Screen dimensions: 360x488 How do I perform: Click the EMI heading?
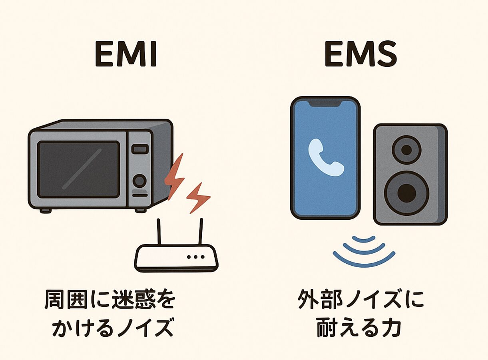pyautogui.click(x=126, y=54)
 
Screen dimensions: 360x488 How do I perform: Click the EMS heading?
pyautogui.click(x=361, y=54)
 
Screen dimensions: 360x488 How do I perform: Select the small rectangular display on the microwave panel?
pyautogui.click(x=140, y=149)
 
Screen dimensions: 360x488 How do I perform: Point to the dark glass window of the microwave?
pyautogui.click(x=78, y=169)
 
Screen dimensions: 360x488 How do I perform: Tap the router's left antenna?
pyautogui.click(x=159, y=232)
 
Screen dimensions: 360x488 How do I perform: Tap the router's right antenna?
pyautogui.click(x=201, y=232)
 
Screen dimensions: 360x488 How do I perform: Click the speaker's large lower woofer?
pyautogui.click(x=406, y=193)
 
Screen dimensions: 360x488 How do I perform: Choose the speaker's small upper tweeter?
pyautogui.click(x=406, y=150)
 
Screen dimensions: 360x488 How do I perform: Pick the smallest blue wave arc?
pyautogui.click(x=364, y=239)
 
